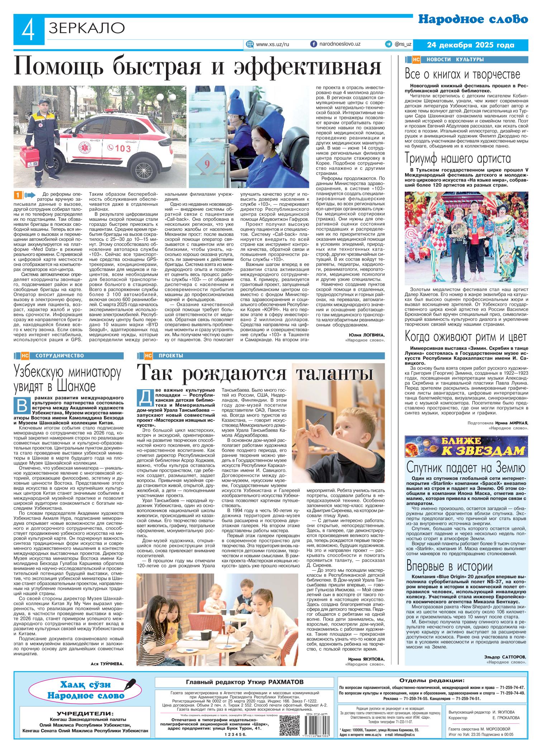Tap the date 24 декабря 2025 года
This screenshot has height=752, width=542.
point(471,45)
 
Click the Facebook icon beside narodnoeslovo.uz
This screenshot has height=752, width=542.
point(313,44)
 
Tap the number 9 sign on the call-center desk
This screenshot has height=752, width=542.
point(207,164)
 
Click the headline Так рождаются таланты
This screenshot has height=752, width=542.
point(256,373)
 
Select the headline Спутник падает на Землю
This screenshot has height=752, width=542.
point(466,467)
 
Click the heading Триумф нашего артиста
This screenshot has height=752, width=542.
point(458,158)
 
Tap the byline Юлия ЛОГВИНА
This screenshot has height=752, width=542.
point(366,335)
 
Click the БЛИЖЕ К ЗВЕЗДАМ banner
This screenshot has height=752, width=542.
point(466,446)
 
